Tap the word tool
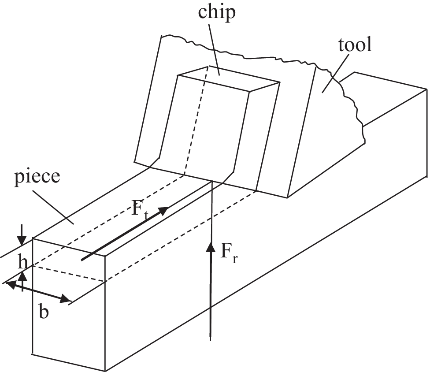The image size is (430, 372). (355, 45)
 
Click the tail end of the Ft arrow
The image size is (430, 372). (82, 260)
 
